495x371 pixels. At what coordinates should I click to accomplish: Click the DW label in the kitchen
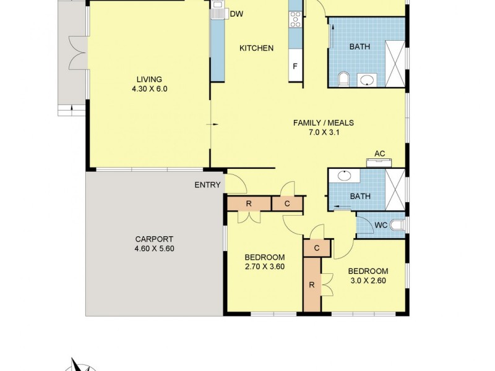236,14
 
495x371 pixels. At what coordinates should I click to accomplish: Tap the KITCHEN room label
256,48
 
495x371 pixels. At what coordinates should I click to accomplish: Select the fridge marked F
295,66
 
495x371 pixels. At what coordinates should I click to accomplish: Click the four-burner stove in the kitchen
295,21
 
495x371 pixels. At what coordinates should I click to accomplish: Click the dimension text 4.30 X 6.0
149,88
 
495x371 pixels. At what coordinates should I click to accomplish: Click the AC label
379,154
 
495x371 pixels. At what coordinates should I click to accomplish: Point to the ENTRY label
207,185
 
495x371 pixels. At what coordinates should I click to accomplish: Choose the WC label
381,225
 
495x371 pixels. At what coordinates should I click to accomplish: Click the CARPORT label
154,239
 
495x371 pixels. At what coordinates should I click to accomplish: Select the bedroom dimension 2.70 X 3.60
264,267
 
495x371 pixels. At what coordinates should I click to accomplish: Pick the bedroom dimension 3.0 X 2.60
368,281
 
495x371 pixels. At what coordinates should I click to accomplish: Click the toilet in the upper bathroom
345,79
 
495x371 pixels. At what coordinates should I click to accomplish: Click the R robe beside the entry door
249,203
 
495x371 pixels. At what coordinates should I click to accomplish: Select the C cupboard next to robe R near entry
288,203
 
